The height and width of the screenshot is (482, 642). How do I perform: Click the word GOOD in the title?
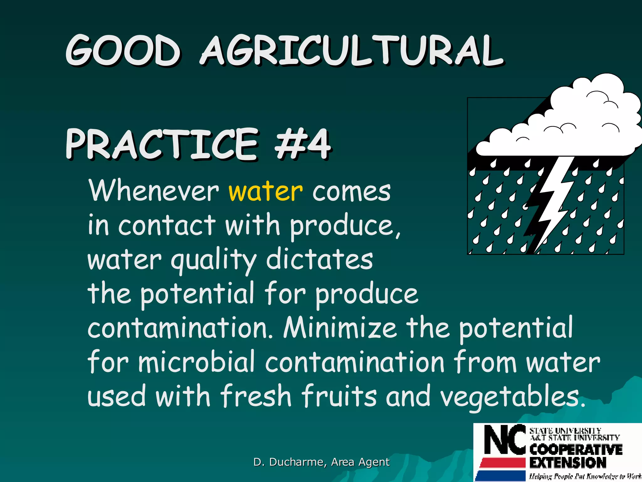coord(123,51)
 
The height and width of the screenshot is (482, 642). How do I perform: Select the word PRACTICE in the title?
coord(162,144)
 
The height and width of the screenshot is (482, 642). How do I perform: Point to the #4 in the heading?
coord(302,144)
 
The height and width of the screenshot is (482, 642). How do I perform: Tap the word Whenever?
coord(154,191)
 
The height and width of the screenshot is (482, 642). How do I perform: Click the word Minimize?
coord(340,328)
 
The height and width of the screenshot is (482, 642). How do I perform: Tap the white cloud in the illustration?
coord(564,126)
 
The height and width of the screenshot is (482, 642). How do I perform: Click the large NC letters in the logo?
coord(505,439)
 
